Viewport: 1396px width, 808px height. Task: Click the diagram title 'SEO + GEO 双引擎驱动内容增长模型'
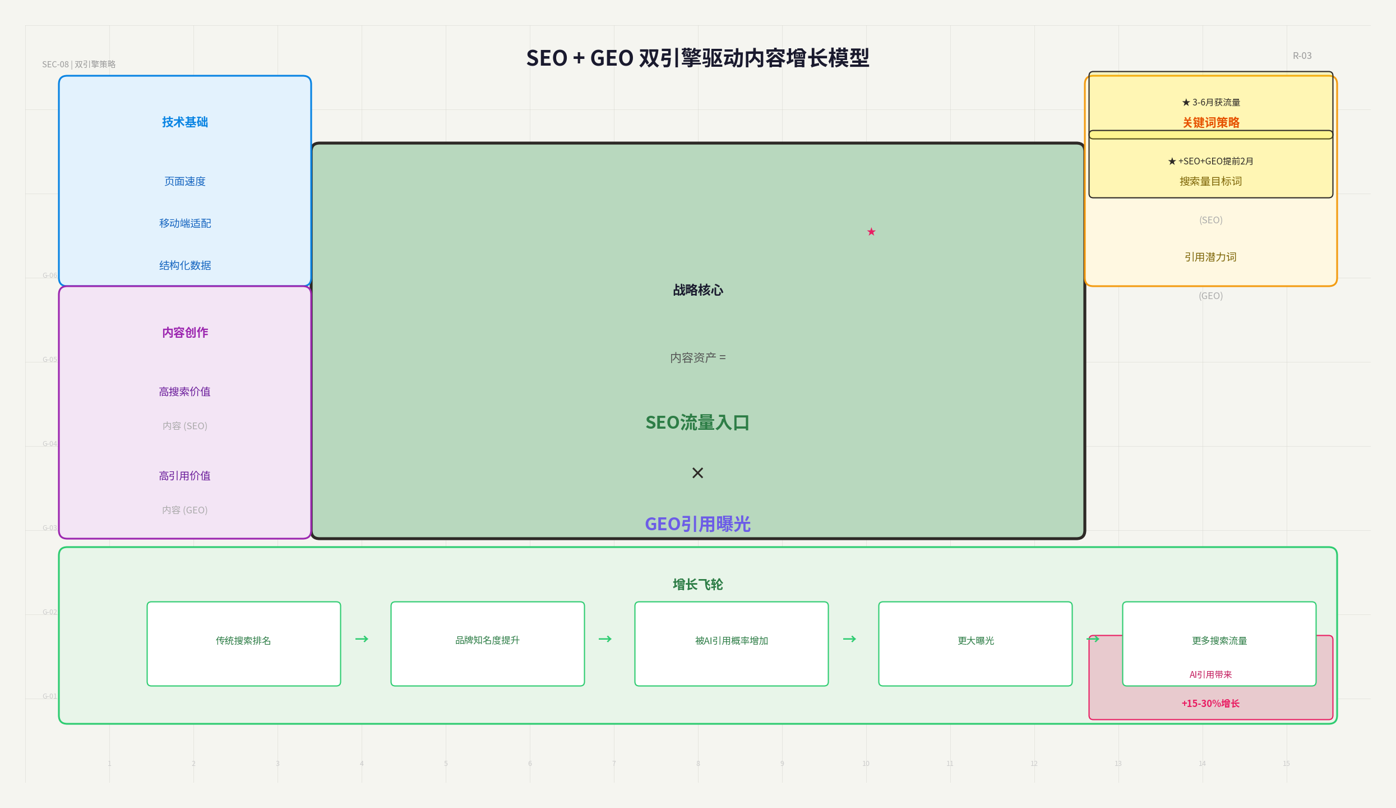(x=697, y=58)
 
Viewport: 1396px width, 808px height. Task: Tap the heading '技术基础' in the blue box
(x=185, y=122)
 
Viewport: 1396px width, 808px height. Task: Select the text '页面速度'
(x=185, y=181)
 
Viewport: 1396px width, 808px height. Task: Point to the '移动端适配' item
(x=185, y=223)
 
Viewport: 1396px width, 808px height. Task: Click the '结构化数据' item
(x=185, y=265)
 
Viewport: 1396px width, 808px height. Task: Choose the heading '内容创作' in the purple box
(x=185, y=333)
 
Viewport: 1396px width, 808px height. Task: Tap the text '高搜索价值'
(x=185, y=392)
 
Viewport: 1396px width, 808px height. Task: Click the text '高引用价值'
(x=185, y=476)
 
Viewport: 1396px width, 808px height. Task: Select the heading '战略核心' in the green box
(x=698, y=290)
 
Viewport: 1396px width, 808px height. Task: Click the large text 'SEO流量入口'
(x=697, y=423)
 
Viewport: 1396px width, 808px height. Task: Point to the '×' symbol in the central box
(x=697, y=473)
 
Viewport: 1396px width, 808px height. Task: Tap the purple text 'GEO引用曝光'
(x=697, y=524)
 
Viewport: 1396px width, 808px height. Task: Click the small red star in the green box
(x=871, y=232)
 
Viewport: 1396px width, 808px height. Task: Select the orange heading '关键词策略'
(x=1211, y=122)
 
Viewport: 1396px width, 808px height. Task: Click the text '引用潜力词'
(x=1210, y=257)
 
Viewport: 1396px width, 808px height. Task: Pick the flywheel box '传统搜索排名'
(x=244, y=644)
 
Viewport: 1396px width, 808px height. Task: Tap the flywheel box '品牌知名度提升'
(x=488, y=644)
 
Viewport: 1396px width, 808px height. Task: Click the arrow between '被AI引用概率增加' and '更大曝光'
(x=850, y=639)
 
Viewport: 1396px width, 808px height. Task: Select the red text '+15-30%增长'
(x=1210, y=704)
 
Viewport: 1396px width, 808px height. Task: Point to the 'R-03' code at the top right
(x=1302, y=56)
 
